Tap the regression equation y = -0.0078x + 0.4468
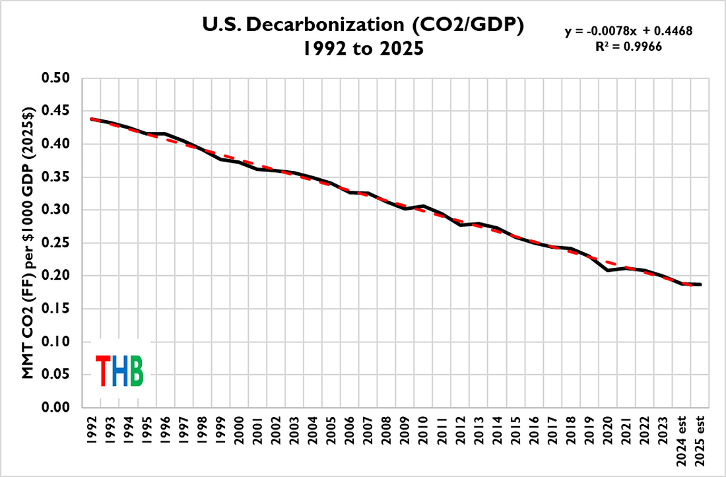coord(628,31)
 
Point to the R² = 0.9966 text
coord(628,46)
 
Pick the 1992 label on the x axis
coord(91,431)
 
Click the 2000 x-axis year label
coord(239,431)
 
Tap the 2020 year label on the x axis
coord(607,431)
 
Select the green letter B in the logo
coord(137,371)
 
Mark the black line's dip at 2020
coord(607,270)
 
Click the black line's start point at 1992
coord(92,119)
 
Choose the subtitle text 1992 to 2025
coord(364,48)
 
